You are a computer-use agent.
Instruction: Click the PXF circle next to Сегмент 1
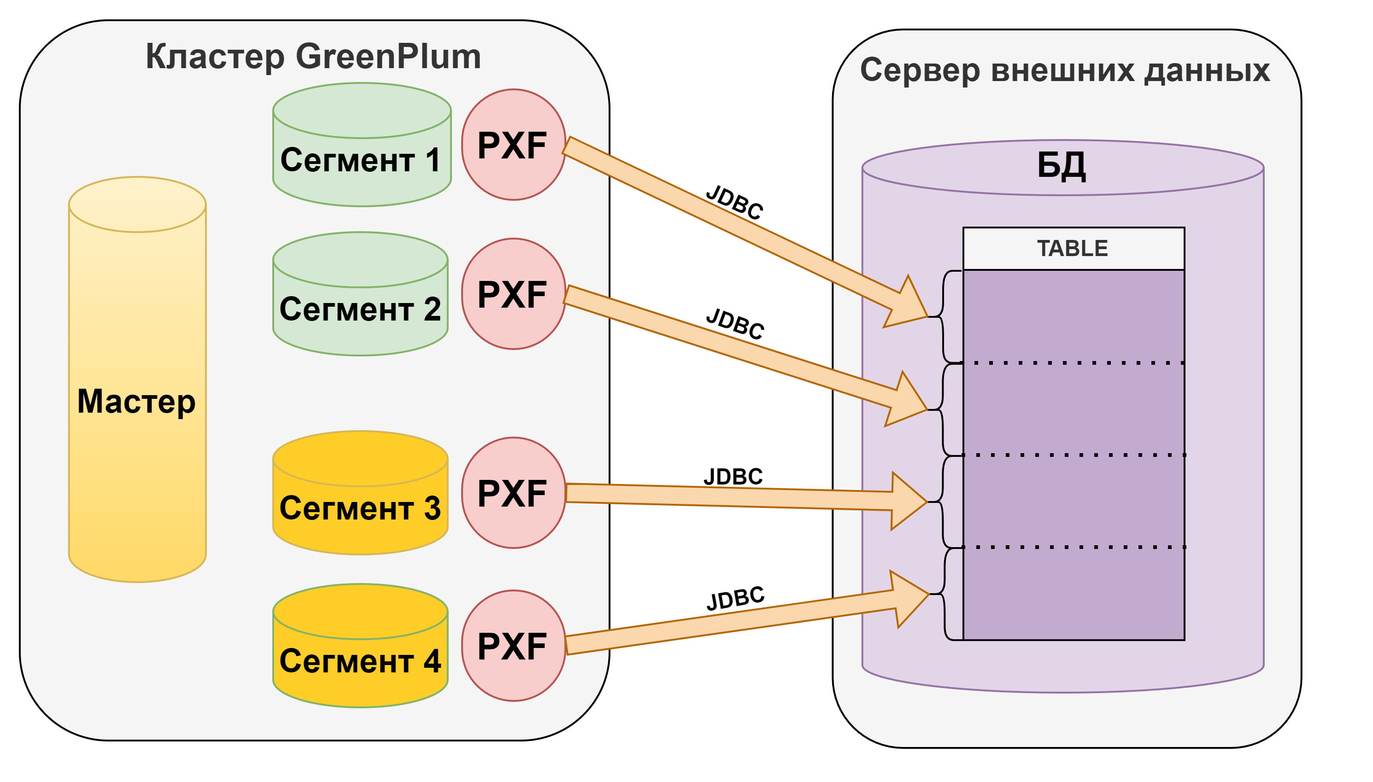(512, 145)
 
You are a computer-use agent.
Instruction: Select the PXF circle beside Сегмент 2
(512, 294)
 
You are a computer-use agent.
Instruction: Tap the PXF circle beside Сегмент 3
(512, 493)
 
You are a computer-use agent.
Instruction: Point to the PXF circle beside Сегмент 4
(512, 646)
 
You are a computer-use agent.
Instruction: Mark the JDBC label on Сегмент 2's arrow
(735, 324)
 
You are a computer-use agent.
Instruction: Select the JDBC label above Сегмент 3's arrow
(733, 476)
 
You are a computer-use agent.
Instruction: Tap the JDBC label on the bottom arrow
(735, 598)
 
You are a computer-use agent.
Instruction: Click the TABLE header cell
(1073, 249)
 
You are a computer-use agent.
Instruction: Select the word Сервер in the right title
(920, 70)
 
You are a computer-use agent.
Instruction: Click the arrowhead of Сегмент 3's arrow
(909, 501)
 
